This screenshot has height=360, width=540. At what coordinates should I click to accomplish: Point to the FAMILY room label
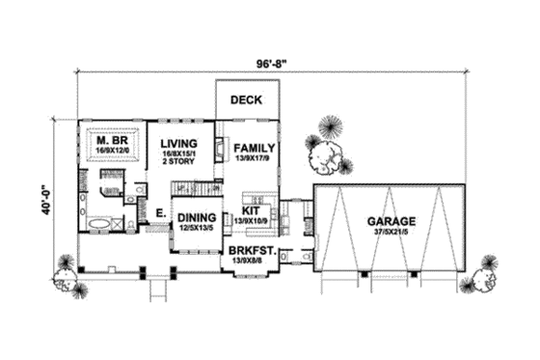coord(252,149)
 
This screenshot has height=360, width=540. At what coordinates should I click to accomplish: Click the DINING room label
coord(197,218)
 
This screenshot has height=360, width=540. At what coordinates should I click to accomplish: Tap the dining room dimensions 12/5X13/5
coord(197,229)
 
